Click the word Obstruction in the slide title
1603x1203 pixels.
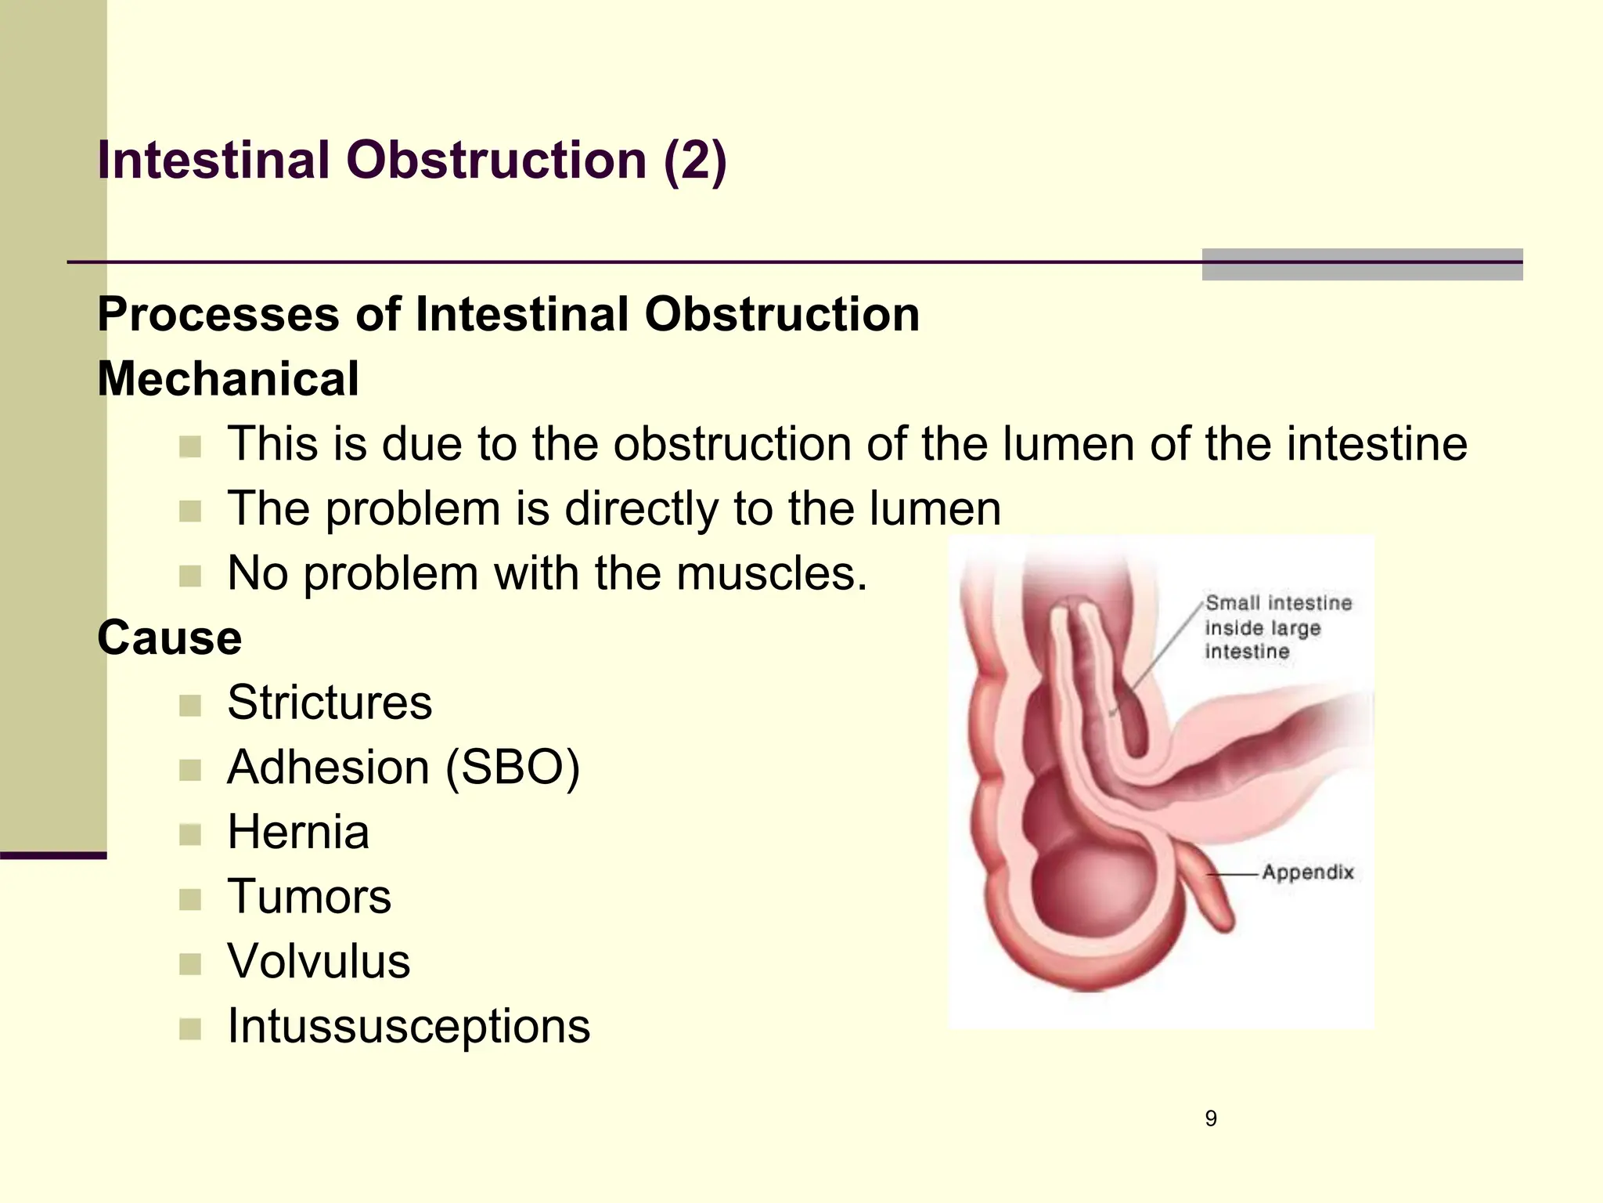click(x=496, y=161)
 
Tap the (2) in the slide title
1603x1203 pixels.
click(x=695, y=161)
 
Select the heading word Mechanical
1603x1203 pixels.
click(x=228, y=379)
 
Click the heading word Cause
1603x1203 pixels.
click(x=169, y=638)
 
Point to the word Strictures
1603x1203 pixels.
click(x=329, y=702)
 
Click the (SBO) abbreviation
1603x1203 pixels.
click(x=513, y=767)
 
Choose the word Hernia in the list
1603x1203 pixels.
click(x=297, y=832)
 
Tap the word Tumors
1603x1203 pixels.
click(x=308, y=897)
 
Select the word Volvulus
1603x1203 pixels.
click(x=318, y=961)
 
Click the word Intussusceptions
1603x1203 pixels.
click(x=408, y=1026)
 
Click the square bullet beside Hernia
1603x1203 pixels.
click(x=190, y=835)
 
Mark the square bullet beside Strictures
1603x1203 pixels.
click(x=190, y=706)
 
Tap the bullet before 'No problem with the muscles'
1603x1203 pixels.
click(x=190, y=576)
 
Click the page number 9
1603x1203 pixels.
click(x=1211, y=1118)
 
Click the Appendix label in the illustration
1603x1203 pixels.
click(x=1307, y=872)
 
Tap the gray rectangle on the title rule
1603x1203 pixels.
click(x=1362, y=265)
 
